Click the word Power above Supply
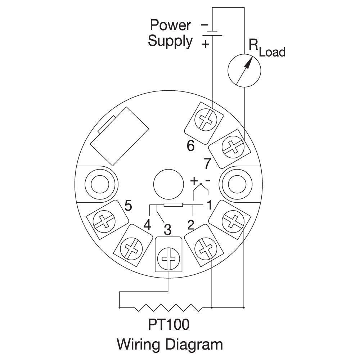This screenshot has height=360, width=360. point(170,25)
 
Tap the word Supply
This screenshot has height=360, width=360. point(170,41)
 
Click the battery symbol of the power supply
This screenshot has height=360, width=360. point(212,33)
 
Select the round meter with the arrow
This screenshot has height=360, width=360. point(244,71)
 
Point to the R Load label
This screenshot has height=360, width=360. point(267,48)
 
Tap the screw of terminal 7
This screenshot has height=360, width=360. point(233,147)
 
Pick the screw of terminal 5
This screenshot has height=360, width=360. point(104,221)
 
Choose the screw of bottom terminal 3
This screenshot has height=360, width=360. point(168,259)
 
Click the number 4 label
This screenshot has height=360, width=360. point(147,225)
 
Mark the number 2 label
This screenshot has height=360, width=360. point(191,225)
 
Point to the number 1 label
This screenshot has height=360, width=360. point(210,205)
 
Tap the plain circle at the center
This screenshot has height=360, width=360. point(168,184)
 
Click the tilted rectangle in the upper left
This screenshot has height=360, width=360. point(120,136)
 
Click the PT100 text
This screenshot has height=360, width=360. point(169,324)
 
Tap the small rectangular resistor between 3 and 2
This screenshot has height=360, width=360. point(174,205)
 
